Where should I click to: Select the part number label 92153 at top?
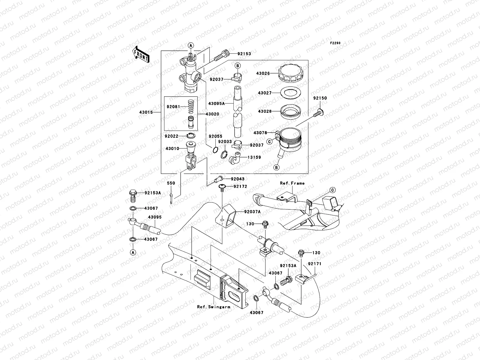[244, 54]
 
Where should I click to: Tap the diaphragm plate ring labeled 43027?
[289, 93]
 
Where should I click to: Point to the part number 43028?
[265, 111]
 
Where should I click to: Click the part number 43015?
[146, 112]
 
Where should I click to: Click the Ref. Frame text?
[292, 183]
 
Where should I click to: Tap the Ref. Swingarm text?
[214, 307]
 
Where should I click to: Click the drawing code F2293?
[335, 43]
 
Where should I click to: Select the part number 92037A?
[252, 212]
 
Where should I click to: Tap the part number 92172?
[240, 187]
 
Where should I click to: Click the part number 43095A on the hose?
[216, 103]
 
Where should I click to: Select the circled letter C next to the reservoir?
[269, 142]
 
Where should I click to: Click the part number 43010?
[172, 148]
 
